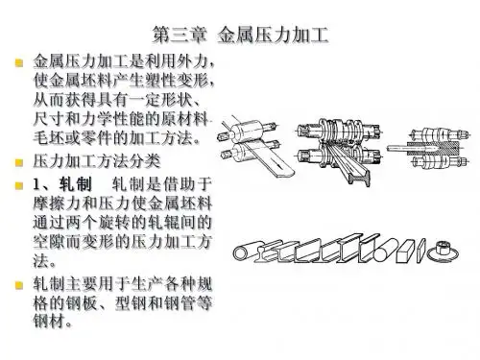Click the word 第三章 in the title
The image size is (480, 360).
click(180, 35)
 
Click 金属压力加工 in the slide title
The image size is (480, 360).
click(273, 35)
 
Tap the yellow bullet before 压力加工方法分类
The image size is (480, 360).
click(19, 162)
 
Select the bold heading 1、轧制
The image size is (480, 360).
click(62, 184)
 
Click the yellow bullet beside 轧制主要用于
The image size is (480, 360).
click(19, 285)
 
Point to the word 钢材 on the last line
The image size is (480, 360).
click(49, 321)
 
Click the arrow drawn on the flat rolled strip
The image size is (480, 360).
click(276, 164)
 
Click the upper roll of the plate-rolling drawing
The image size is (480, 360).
click(247, 130)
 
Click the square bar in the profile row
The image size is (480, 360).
click(406, 252)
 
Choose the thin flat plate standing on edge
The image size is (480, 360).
click(421, 252)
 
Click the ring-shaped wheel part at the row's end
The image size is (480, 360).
click(443, 252)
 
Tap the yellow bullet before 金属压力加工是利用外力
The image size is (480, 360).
click(19, 62)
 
